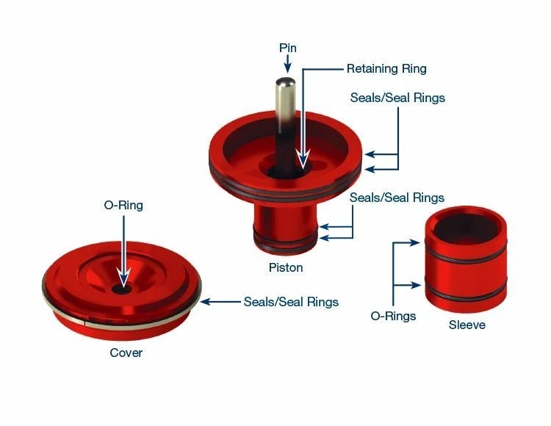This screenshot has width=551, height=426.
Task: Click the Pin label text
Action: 287,48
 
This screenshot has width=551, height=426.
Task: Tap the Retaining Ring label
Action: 386,69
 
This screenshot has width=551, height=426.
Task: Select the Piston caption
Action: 285,268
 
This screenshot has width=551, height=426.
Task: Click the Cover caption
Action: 126,353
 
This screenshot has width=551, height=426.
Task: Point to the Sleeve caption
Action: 467,324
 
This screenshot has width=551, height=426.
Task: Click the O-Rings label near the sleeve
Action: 394,317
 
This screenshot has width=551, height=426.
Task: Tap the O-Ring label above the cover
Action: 123,206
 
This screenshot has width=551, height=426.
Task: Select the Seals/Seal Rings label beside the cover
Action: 292,302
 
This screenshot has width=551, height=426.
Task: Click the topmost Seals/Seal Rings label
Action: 397,98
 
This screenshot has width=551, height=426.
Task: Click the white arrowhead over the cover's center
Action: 123,279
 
